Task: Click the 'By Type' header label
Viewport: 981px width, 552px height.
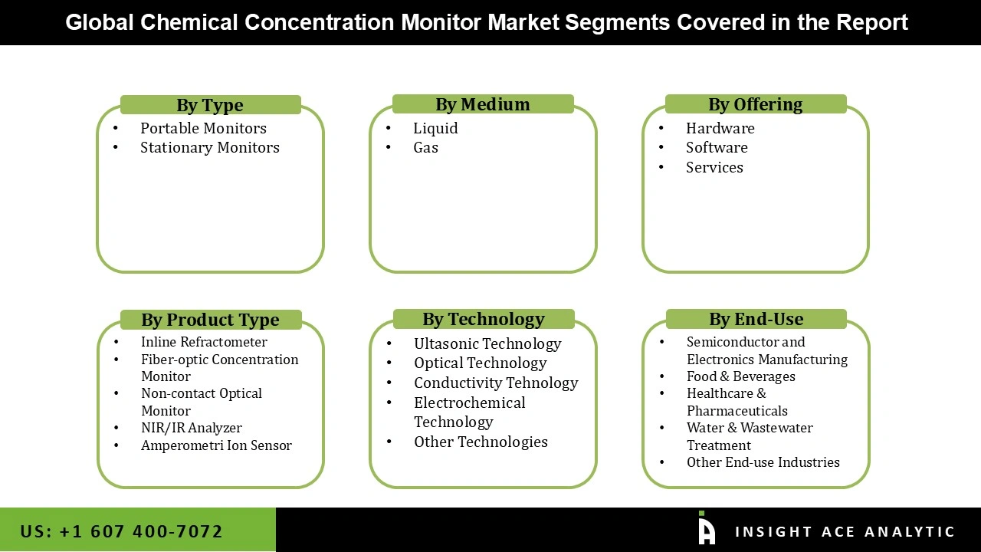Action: tap(210, 105)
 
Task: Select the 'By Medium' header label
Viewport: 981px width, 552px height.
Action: tap(483, 104)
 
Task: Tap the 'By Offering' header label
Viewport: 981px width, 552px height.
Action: tap(756, 104)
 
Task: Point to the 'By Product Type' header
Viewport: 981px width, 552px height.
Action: tap(210, 320)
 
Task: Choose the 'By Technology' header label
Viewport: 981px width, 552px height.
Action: tap(484, 319)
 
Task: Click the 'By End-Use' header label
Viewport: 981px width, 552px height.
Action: tap(756, 319)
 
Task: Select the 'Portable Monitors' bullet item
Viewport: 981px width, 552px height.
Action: tap(203, 128)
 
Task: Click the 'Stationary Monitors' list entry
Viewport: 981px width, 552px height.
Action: tap(209, 147)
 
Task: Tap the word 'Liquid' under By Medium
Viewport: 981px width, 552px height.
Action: tap(435, 128)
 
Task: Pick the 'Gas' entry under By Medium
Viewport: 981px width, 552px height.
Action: tap(425, 147)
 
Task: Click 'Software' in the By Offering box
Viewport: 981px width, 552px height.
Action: tap(717, 147)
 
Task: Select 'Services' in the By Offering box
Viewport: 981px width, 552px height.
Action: tap(714, 167)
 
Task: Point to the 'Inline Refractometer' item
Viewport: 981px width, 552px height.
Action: tap(204, 342)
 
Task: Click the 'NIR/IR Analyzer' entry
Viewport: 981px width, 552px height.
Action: tap(191, 428)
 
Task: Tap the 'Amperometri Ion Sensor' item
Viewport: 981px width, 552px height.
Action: tap(216, 445)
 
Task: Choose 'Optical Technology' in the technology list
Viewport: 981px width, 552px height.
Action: tap(480, 363)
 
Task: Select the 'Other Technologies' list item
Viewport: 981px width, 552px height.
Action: tap(481, 442)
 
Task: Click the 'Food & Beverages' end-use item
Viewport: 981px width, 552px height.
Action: tap(740, 376)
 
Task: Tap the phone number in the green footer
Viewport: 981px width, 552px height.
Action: tap(121, 531)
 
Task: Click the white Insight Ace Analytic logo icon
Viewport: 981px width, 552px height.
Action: tap(706, 530)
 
